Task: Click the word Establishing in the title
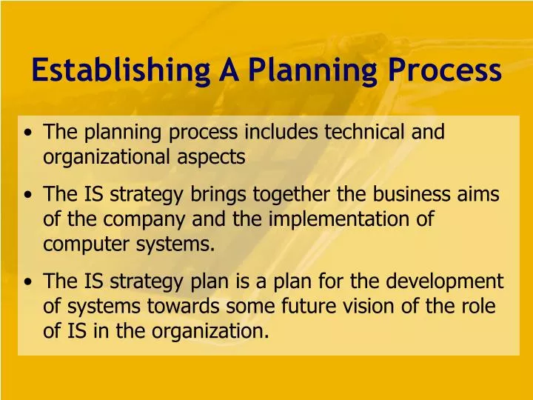(x=121, y=70)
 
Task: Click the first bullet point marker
(x=27, y=134)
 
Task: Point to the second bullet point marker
(x=27, y=196)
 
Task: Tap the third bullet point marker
(x=27, y=283)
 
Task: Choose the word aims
(x=481, y=194)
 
